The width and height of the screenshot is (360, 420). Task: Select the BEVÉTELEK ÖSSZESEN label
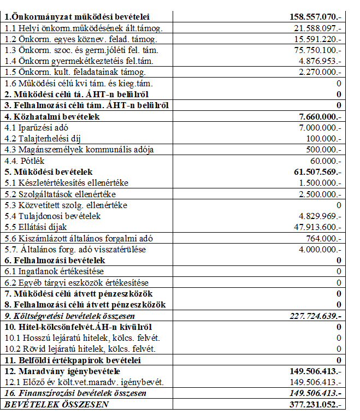56,404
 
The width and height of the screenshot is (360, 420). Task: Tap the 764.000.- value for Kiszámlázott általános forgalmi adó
324,238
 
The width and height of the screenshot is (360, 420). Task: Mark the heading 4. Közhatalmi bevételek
56,116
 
